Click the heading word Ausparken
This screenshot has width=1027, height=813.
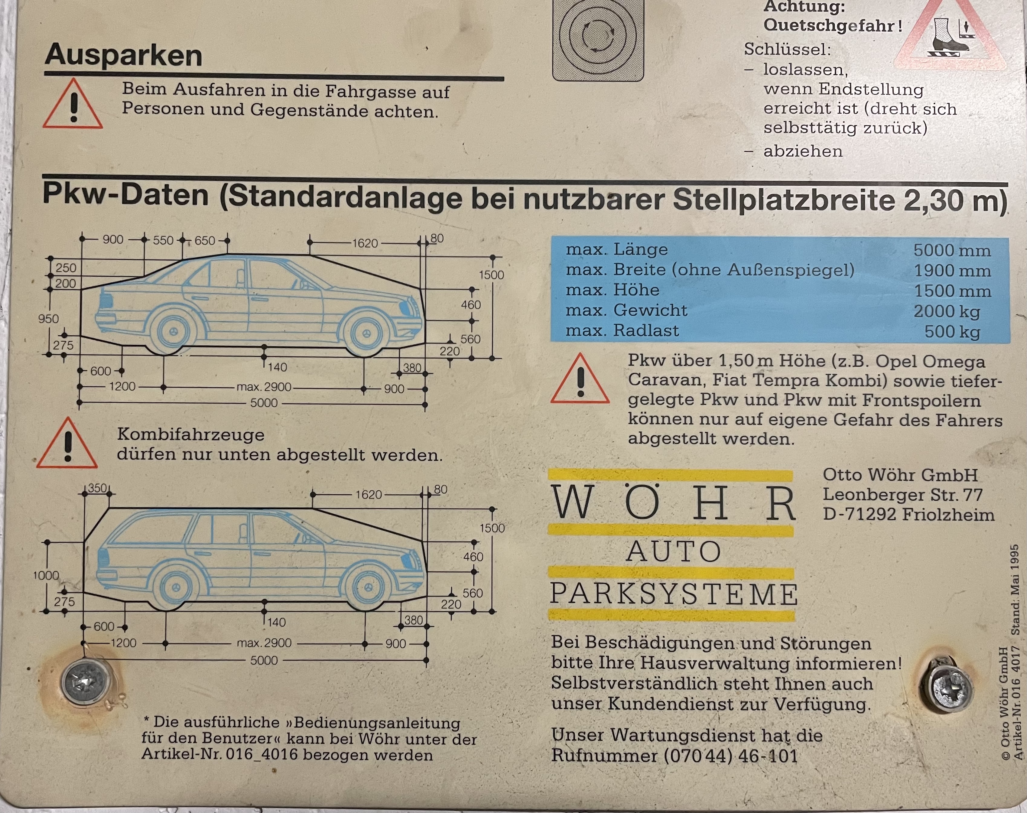[123, 56]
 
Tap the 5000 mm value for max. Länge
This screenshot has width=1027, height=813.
[952, 250]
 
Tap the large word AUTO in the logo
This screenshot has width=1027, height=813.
[673, 551]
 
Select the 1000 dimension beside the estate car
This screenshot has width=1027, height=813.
[46, 575]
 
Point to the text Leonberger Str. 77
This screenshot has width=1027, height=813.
[903, 495]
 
